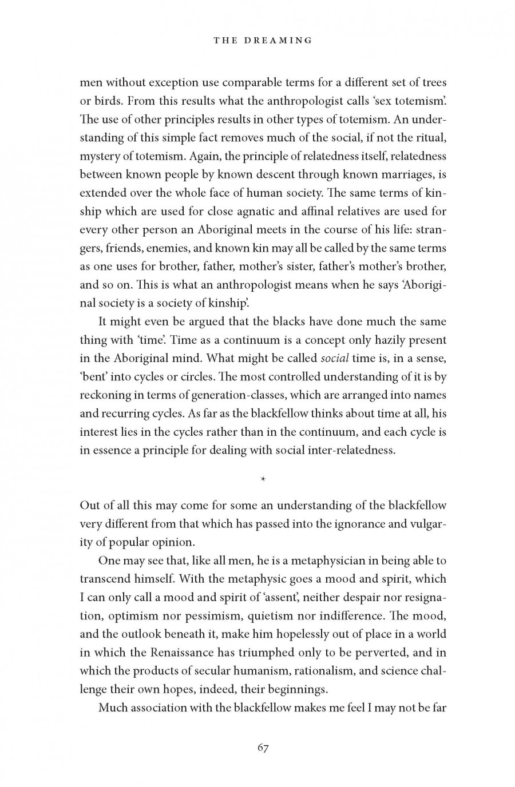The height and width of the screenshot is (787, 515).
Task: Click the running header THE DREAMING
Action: (x=263, y=40)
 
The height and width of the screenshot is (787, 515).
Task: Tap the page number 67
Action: (x=263, y=748)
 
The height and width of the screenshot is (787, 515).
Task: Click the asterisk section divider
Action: (x=263, y=479)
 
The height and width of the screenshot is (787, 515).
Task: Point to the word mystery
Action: (x=99, y=156)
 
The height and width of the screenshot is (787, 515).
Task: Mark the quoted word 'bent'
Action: (x=93, y=376)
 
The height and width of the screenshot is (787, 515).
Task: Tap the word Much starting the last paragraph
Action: (x=113, y=707)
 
